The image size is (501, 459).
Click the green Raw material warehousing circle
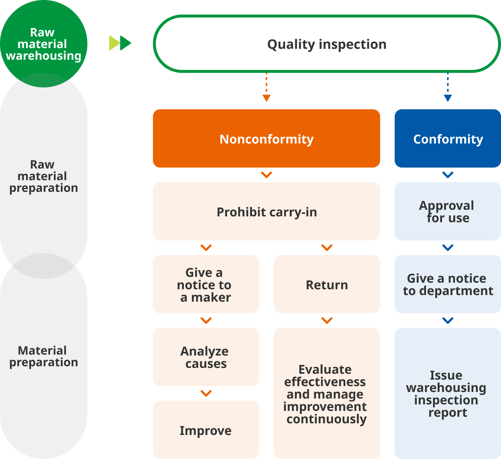pyautogui.click(x=43, y=43)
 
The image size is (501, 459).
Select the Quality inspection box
pyautogui.click(x=327, y=44)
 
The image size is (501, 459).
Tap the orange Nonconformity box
pyautogui.click(x=266, y=138)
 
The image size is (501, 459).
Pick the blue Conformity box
pyautogui.click(x=447, y=138)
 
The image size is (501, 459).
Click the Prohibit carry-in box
pyautogui.click(x=266, y=211)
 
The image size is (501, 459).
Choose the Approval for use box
pyautogui.click(x=447, y=211)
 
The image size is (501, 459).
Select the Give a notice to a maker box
pyautogui.click(x=206, y=284)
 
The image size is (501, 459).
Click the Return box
pyautogui.click(x=327, y=284)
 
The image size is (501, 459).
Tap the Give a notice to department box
pyautogui.click(x=447, y=284)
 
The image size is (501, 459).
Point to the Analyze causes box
pyautogui.click(x=206, y=357)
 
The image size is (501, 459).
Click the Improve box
pyautogui.click(x=206, y=430)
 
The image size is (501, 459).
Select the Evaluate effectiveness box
pyautogui.click(x=327, y=393)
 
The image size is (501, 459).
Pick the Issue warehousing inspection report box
pyautogui.click(x=447, y=393)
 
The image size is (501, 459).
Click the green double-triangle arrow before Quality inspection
pyautogui.click(x=120, y=43)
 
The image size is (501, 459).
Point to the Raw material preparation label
pyautogui.click(x=43, y=176)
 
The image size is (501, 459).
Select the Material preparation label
pyautogui.click(x=43, y=356)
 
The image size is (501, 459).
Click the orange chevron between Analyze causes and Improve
pyautogui.click(x=206, y=393)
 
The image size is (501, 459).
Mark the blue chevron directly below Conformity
pyautogui.click(x=447, y=175)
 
